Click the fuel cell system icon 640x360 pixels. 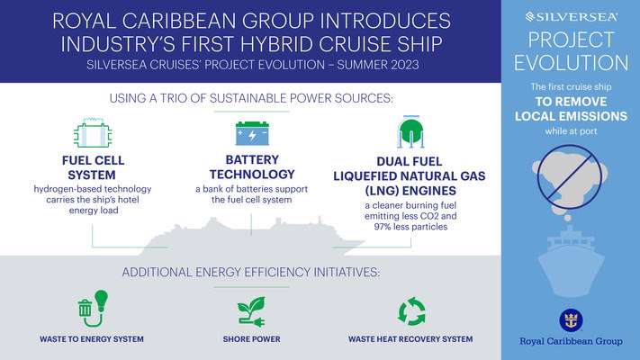93,132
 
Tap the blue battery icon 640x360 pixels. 252,133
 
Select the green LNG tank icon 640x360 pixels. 410,131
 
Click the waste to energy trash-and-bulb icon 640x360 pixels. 93,309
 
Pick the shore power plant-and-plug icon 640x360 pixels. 251,311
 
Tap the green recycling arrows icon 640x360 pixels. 411,311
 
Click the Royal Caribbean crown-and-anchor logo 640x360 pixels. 571,320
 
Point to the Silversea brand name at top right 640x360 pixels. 572,17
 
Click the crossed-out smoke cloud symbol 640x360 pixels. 570,178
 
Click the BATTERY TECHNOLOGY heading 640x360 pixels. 252,166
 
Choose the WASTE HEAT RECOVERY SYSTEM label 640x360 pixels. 410,339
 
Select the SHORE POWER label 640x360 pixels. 251,339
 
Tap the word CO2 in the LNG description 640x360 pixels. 429,216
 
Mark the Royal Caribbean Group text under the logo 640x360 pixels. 571,341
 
